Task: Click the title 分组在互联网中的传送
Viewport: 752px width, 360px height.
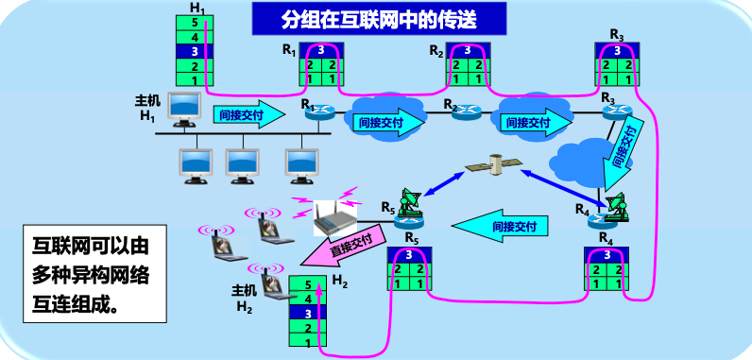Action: [x=379, y=19]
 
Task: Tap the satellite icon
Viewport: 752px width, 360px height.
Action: [x=494, y=164]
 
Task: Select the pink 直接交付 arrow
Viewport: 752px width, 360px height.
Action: [x=343, y=245]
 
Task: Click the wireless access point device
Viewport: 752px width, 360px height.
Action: [x=335, y=218]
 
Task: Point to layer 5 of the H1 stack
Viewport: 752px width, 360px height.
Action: [x=195, y=22]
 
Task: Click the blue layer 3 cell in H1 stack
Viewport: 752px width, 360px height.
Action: [x=195, y=51]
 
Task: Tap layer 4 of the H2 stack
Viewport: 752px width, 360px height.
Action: [x=308, y=299]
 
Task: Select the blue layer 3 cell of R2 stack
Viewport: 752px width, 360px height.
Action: [x=468, y=50]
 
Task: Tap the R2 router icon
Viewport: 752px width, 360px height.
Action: [x=465, y=111]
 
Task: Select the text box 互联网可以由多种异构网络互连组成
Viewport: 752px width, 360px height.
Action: [x=94, y=274]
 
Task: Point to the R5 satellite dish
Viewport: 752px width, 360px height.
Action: [x=411, y=200]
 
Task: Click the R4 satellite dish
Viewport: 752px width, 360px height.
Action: [x=616, y=207]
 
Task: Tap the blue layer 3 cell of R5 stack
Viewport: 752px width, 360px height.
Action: [x=409, y=254]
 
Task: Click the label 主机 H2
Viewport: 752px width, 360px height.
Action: [x=245, y=299]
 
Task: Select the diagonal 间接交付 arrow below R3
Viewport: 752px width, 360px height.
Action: [x=622, y=156]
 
